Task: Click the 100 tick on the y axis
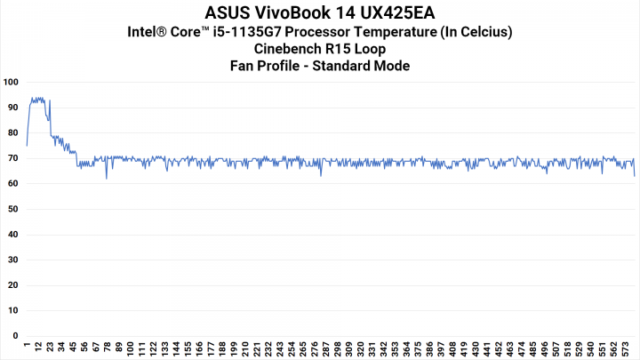pos(11,82)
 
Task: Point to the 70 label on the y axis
pos(12,158)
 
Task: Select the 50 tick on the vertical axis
pos(12,210)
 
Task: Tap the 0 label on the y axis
pos(15,337)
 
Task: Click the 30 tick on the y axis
pos(12,260)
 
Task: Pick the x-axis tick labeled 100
pos(132,348)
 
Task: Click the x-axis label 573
pos(627,348)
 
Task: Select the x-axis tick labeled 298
pos(339,348)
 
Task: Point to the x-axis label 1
pos(28,346)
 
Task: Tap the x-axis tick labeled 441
pos(487,348)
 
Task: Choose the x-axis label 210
pos(246,348)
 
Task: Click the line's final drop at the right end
pos(634,175)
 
